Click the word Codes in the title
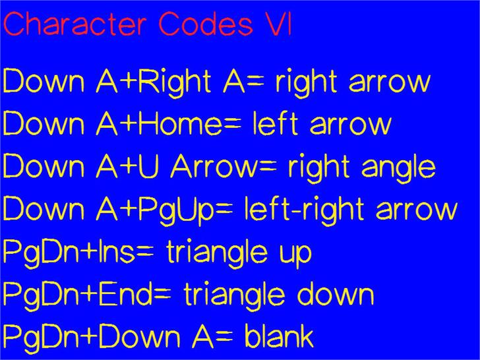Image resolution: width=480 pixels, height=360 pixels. (x=206, y=24)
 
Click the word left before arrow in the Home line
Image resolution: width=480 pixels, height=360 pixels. (x=275, y=124)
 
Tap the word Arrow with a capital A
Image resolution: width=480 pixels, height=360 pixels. (x=214, y=167)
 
